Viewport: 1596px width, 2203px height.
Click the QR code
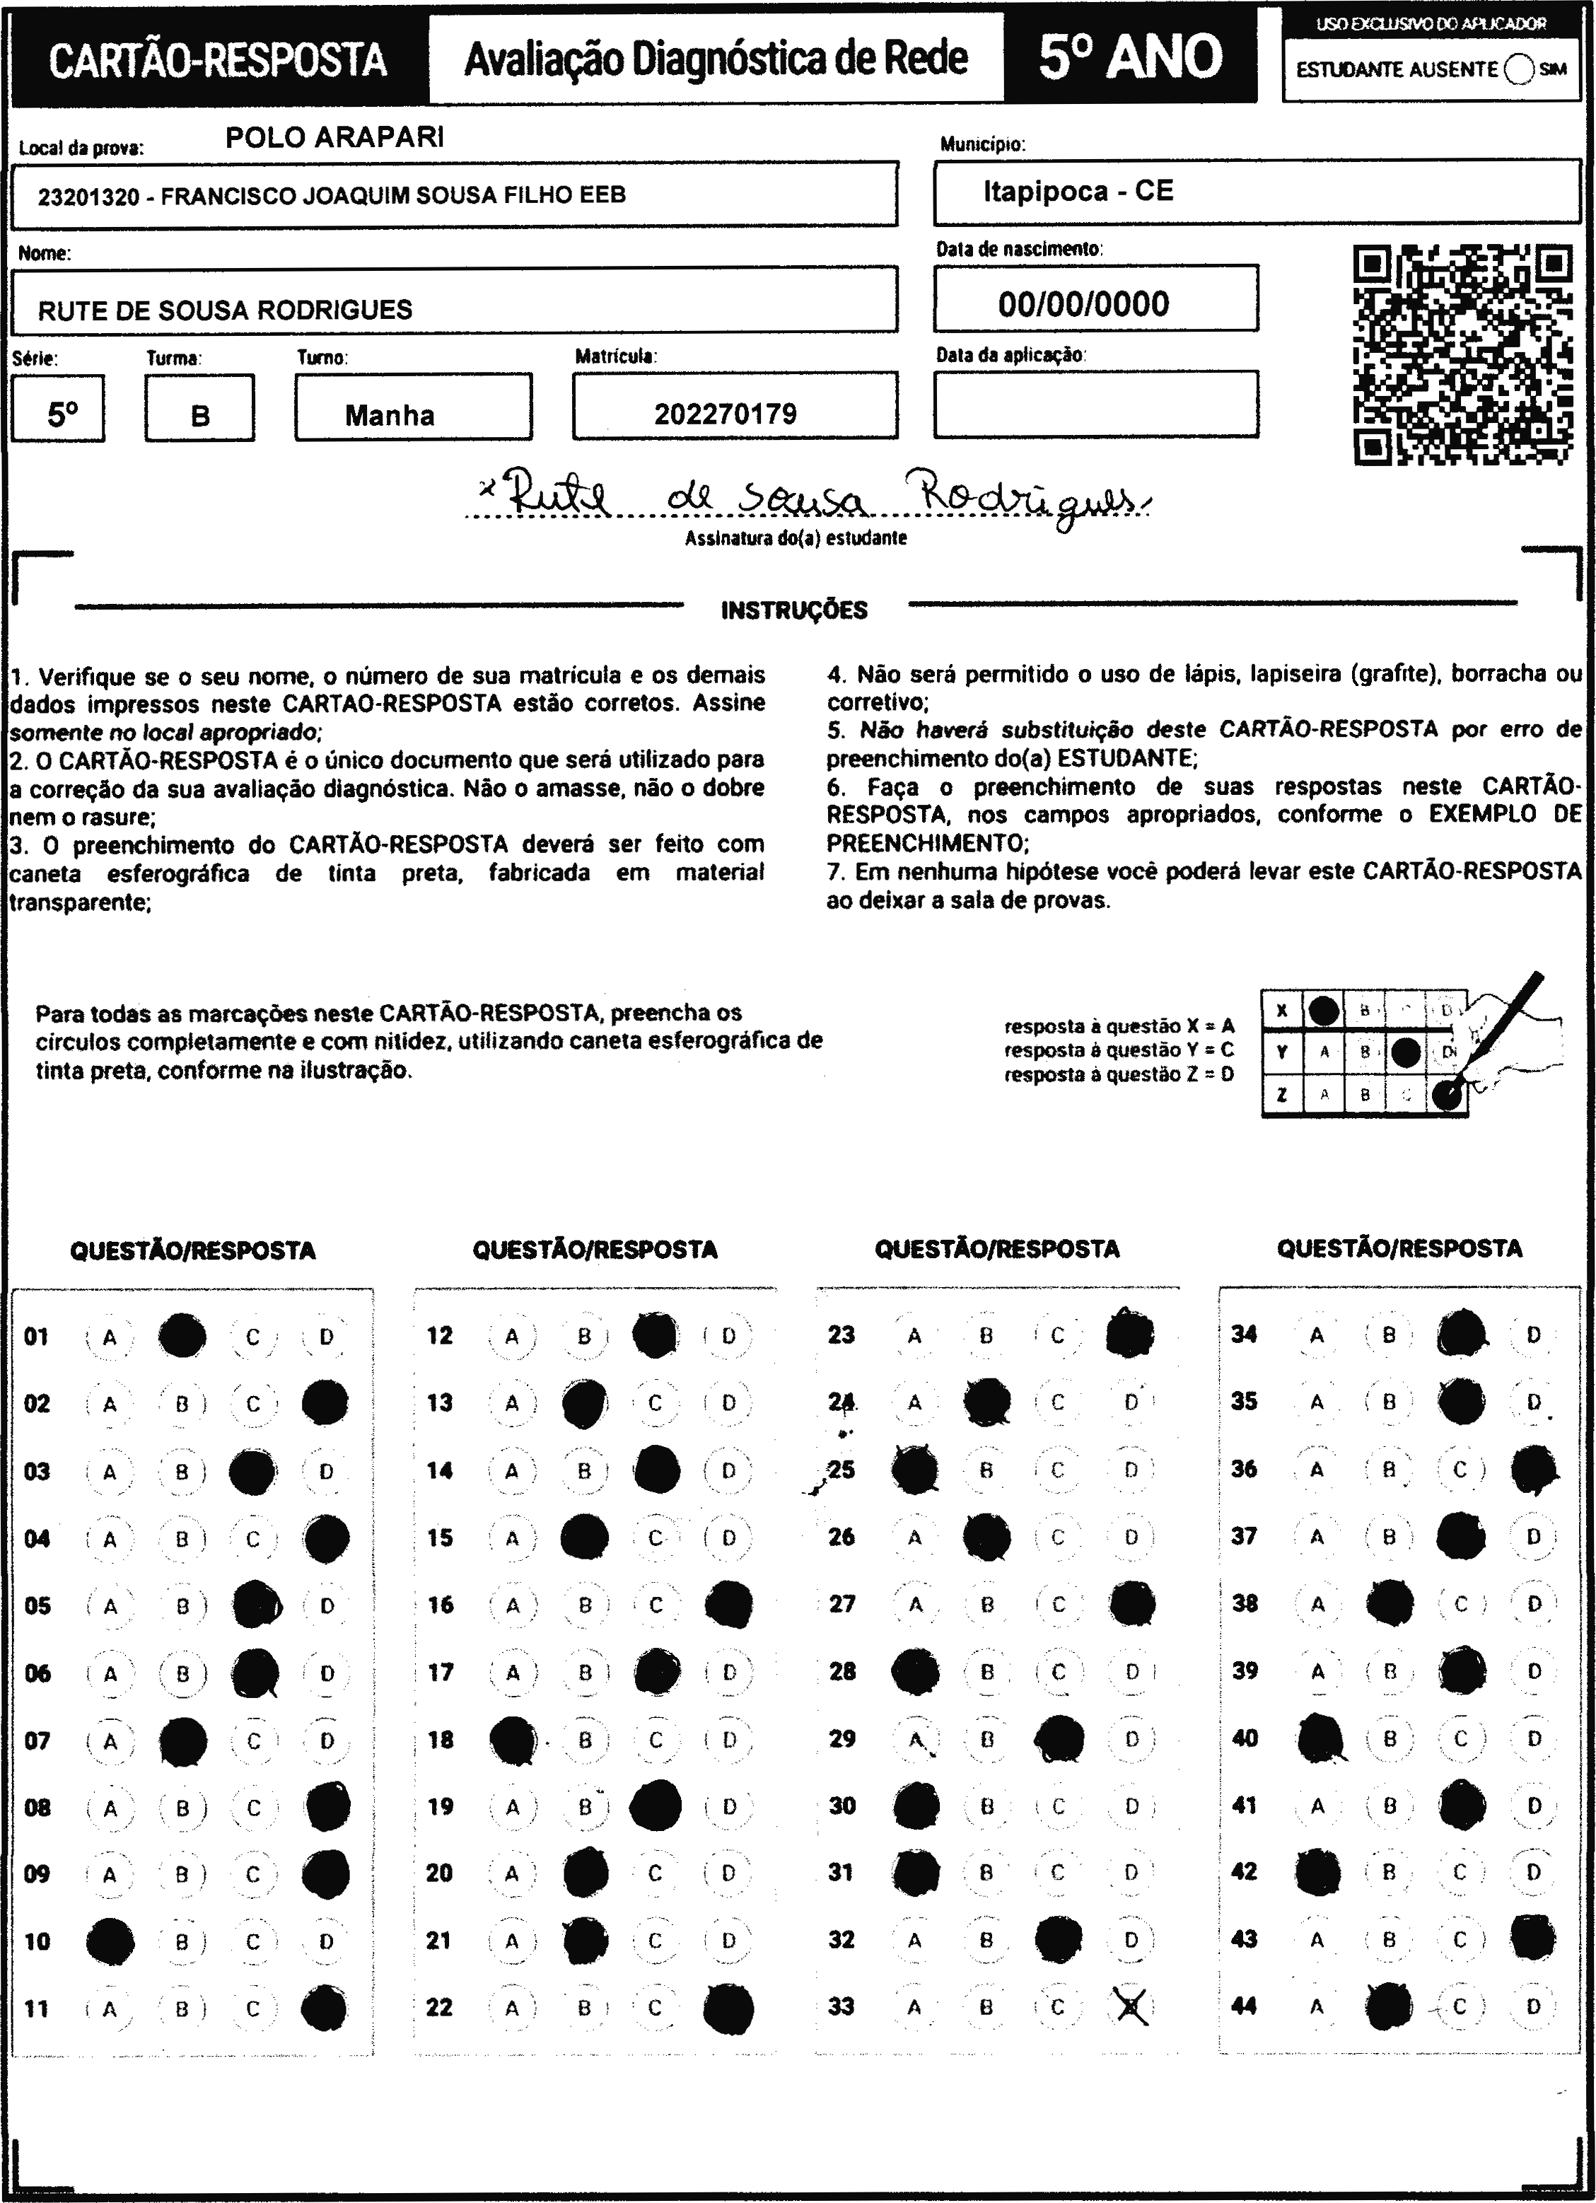click(x=1463, y=356)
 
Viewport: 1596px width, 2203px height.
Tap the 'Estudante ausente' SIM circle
click(x=1518, y=70)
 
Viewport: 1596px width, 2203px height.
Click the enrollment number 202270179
click(x=725, y=414)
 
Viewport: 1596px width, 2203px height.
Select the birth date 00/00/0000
click(x=1083, y=304)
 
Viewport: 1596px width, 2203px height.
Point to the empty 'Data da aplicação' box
click(x=1096, y=404)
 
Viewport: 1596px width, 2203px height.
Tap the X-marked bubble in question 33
click(x=1131, y=2007)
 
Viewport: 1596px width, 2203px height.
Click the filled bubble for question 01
click(x=182, y=1337)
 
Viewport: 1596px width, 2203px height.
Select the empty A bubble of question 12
click(x=512, y=1337)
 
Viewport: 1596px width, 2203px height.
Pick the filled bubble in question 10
click(x=110, y=1941)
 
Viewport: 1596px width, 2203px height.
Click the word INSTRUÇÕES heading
click(x=793, y=611)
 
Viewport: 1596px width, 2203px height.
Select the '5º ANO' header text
click(x=1130, y=57)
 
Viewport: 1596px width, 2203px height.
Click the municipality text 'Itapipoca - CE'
click(x=1077, y=192)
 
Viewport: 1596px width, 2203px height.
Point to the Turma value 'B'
click(x=200, y=416)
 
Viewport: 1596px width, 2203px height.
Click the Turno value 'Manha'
click(x=390, y=416)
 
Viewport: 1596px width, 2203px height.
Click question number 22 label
click(x=439, y=2007)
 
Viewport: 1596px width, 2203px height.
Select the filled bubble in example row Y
click(x=1406, y=1052)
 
